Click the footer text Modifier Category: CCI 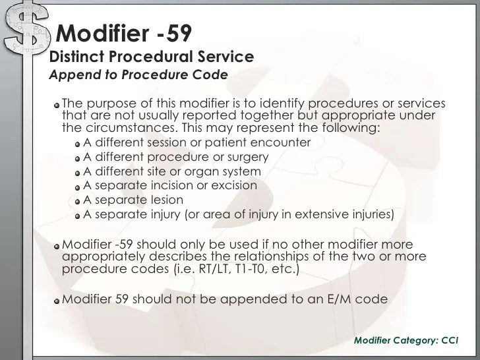(x=407, y=340)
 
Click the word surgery (x=245, y=157)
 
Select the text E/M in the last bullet (x=330, y=299)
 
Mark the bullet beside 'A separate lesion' (x=78, y=200)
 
